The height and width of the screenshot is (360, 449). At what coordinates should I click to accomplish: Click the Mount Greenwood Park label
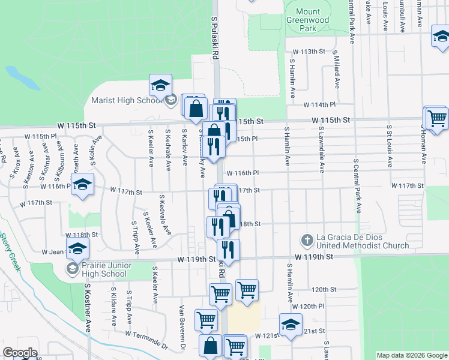coord(308,20)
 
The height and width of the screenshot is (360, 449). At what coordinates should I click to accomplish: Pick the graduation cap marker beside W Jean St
coord(78,248)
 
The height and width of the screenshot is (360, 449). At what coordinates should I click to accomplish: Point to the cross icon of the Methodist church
coord(307,241)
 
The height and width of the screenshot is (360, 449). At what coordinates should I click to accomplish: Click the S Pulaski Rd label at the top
coord(214,36)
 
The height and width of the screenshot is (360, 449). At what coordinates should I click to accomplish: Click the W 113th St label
coord(309,52)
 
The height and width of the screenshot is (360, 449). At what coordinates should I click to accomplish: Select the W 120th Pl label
coord(318,306)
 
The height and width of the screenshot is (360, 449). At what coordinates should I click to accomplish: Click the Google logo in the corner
coord(20,353)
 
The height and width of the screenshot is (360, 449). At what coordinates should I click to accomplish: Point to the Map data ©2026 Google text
coord(412,355)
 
